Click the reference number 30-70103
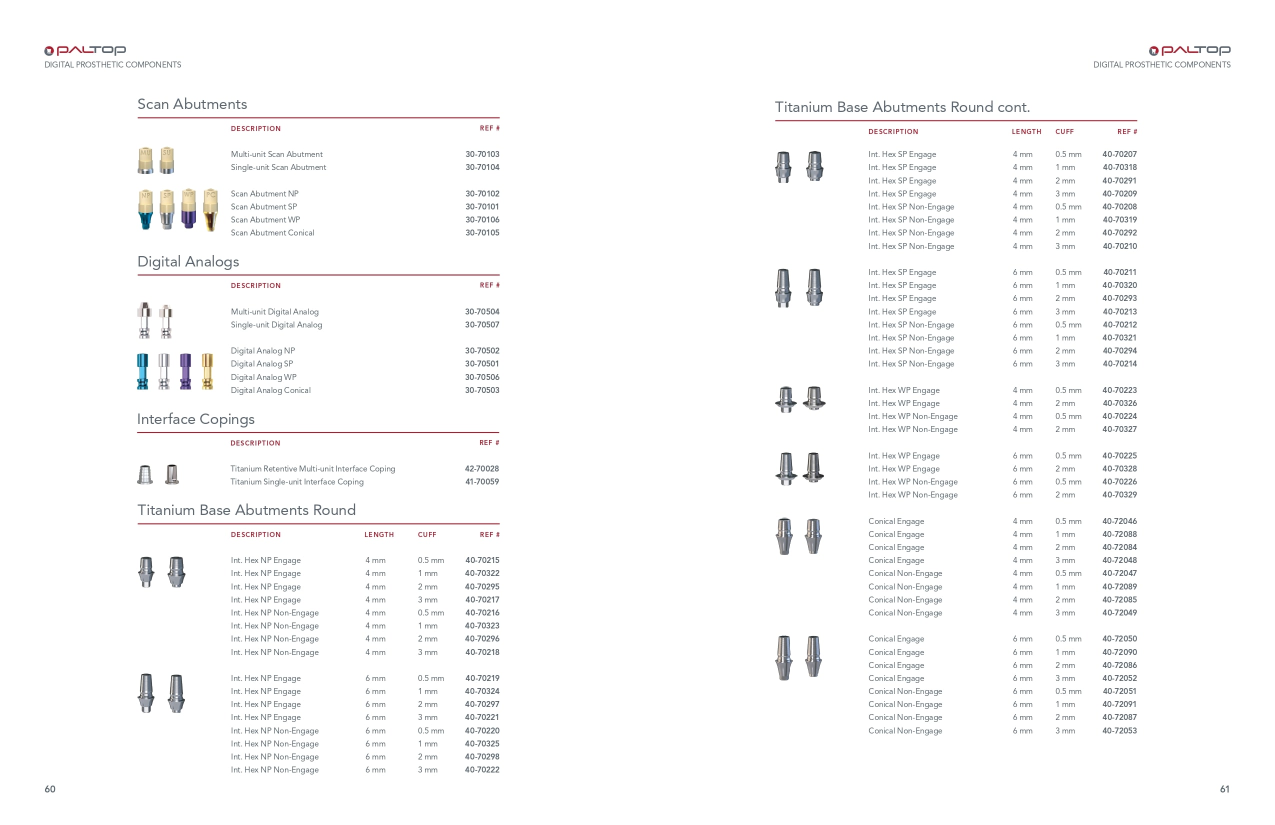(482, 154)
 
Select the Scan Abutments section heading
(192, 104)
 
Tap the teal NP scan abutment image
(145, 209)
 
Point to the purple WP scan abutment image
(188, 209)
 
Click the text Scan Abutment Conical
(272, 232)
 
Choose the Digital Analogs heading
(188, 261)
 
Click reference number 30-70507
(482, 324)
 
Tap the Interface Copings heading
(195, 419)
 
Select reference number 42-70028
(481, 469)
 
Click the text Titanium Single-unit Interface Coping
(297, 481)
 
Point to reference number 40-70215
(482, 560)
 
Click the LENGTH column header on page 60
(379, 534)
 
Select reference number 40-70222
(482, 770)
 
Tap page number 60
(50, 789)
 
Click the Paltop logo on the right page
(1189, 50)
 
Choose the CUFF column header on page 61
(1064, 132)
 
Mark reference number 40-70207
(1119, 154)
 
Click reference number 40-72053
(1119, 730)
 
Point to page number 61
(1224, 789)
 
